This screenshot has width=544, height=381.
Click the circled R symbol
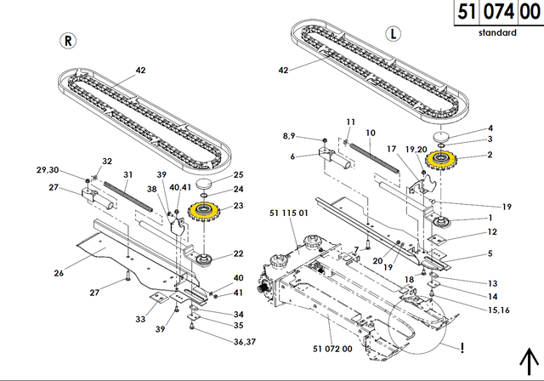67,41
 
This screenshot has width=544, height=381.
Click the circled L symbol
392,35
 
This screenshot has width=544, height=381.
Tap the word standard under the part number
496,32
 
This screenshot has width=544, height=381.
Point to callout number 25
238,174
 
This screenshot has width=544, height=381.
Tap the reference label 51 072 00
332,349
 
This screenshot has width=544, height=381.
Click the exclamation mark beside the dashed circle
462,347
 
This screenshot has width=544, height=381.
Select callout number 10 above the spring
370,133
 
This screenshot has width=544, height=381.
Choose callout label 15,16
476,308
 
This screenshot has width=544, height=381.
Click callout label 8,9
289,135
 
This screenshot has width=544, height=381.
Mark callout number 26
59,273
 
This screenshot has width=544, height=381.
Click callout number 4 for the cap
489,128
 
